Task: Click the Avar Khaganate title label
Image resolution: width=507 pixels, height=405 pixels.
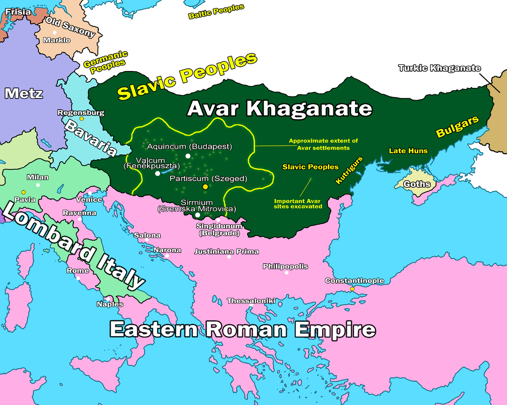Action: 279,109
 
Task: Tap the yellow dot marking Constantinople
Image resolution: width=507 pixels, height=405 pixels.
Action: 352,289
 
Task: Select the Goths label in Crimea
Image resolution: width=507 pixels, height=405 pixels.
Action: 417,184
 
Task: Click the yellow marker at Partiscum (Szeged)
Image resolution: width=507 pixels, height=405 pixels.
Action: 205,187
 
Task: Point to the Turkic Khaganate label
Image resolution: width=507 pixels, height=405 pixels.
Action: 439,68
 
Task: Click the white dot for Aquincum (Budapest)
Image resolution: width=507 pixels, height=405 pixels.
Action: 188,156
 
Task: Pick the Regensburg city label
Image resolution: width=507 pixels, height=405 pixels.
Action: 81,113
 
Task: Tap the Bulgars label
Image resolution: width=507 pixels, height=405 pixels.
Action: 458,126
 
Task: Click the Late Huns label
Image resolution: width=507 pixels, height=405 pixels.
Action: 408,151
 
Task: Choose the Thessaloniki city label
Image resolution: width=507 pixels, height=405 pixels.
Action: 251,301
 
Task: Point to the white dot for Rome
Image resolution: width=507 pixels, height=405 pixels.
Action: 78,278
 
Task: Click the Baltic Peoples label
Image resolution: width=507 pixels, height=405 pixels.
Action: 216,11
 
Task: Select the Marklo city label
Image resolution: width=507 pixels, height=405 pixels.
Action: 57,40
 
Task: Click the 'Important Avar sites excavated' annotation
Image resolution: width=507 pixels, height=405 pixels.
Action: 298,204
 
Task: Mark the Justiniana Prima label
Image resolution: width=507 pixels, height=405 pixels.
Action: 226,252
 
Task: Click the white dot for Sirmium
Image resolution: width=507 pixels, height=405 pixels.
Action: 197,215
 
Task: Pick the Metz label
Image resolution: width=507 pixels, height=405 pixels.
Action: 24,93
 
